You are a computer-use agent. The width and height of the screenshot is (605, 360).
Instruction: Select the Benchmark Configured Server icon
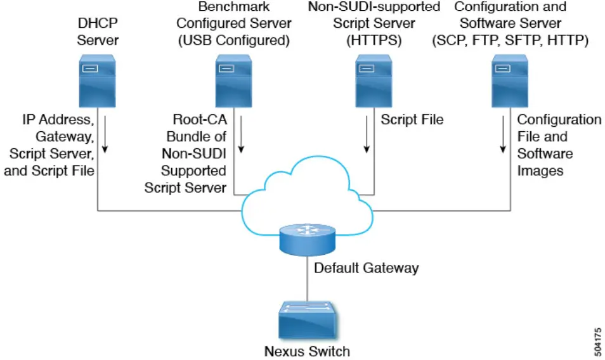click(231, 80)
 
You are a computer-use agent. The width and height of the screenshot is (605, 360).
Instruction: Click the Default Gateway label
click(367, 268)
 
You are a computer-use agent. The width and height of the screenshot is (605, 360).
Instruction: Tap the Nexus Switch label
click(307, 350)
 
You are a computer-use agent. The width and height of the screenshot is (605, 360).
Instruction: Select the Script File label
click(412, 119)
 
